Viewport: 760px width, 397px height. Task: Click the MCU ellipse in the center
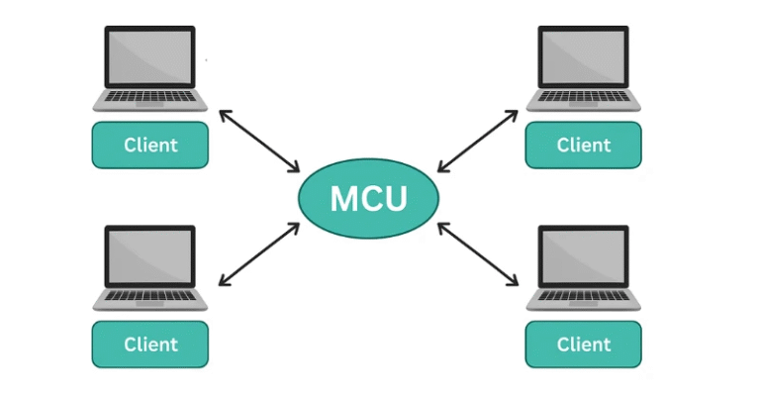(368, 198)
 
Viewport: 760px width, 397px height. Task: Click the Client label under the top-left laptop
(150, 145)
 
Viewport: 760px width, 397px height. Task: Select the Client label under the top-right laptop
(583, 145)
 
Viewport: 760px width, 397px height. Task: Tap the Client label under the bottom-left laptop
(150, 345)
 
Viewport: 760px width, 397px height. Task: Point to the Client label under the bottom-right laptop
(583, 345)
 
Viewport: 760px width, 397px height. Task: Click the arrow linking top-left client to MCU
(259, 141)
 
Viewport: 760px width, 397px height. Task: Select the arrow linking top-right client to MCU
(478, 141)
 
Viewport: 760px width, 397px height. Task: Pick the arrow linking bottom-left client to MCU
(259, 254)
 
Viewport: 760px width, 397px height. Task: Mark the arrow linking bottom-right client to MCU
(478, 254)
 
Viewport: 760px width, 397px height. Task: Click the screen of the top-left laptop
(150, 57)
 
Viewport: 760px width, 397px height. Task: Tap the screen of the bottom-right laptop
(583, 256)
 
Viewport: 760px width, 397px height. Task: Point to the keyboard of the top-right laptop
(583, 97)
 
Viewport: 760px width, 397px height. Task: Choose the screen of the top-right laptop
(583, 57)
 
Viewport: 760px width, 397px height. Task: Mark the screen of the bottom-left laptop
(150, 256)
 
